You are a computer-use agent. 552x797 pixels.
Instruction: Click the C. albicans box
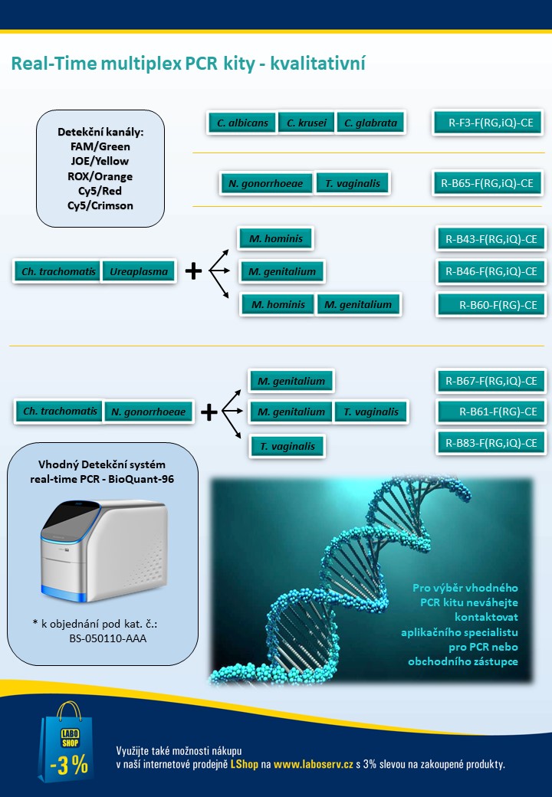point(242,123)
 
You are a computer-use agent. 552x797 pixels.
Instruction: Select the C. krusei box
point(307,123)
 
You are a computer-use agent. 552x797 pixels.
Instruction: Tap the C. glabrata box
point(370,123)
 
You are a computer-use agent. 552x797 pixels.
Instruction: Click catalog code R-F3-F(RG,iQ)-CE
point(488,123)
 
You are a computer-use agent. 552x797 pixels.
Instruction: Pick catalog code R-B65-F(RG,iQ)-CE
point(488,183)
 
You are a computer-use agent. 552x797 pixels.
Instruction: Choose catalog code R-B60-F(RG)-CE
point(491,305)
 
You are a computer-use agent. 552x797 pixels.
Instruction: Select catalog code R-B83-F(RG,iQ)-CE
point(491,443)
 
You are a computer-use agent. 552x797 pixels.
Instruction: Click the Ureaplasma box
point(139,271)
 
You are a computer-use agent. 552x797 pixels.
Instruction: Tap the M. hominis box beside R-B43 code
point(275,238)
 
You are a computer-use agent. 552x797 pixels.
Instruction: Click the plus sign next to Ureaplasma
point(193,271)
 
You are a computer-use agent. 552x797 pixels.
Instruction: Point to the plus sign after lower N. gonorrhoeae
point(209,412)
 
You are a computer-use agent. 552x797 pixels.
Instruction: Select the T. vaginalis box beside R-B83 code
point(287,446)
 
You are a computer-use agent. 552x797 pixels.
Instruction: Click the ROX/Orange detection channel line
point(100,176)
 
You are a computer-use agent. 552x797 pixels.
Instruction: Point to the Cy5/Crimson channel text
point(100,205)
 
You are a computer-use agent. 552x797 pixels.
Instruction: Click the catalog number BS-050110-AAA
point(108,638)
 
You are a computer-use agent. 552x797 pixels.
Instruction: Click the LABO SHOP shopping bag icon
point(66,742)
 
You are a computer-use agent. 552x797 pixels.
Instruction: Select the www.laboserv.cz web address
point(313,764)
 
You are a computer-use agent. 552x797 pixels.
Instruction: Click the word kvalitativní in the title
point(317,64)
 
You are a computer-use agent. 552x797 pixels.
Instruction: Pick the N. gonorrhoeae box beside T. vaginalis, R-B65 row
point(266,183)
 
